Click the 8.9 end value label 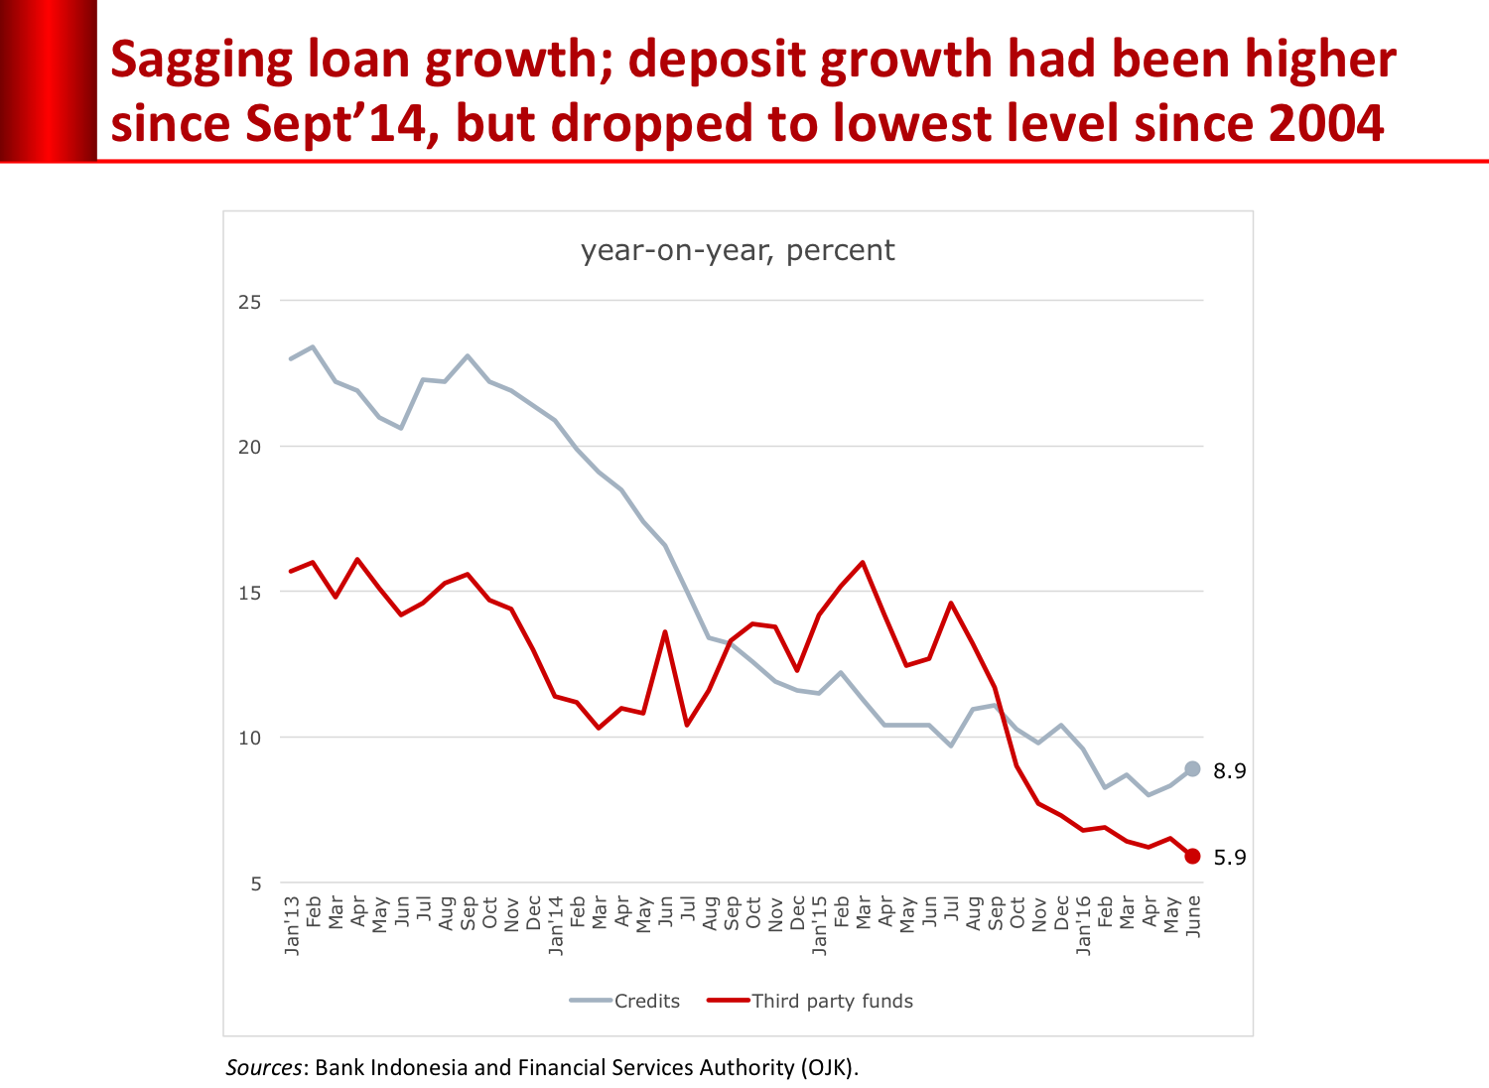tap(1229, 771)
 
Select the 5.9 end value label tap(1229, 858)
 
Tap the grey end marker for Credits tap(1192, 769)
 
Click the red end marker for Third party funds tap(1192, 856)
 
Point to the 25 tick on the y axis tap(249, 302)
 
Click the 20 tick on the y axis tap(249, 447)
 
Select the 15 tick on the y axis tap(249, 593)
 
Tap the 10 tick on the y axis tap(249, 738)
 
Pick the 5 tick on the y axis tap(255, 884)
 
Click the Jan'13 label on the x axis tap(292, 925)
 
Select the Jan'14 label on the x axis tap(556, 925)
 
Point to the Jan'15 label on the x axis tap(819, 925)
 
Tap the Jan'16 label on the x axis tap(1083, 925)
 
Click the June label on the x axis tap(1193, 916)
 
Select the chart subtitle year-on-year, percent tap(738, 250)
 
